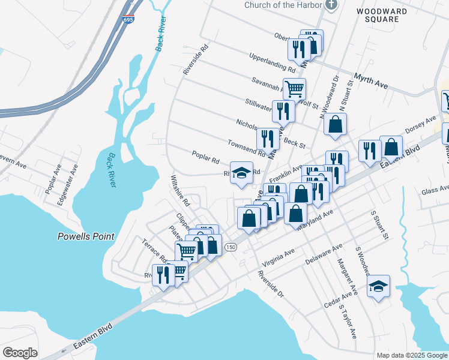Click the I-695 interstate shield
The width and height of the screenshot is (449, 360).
128,20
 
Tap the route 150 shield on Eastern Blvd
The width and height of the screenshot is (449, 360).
230,247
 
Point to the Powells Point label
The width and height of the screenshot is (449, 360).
86,236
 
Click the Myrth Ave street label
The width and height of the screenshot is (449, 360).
370,81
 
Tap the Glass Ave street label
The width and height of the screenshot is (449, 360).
435,190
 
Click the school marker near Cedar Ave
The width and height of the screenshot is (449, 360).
378,286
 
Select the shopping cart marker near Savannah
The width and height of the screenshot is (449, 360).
294,89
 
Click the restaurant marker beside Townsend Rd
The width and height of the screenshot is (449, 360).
268,139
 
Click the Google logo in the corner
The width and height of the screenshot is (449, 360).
20,353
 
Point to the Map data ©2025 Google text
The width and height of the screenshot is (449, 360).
411,355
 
